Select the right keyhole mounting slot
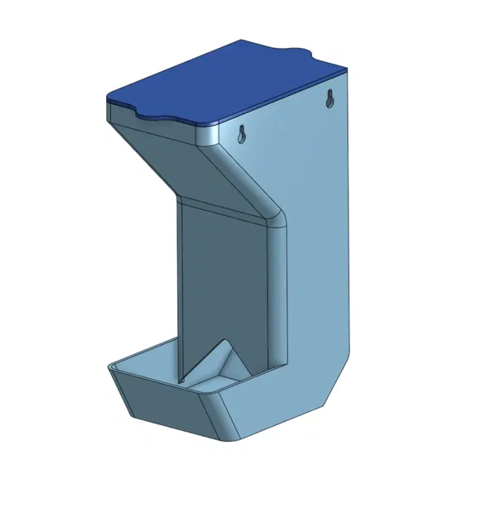click(x=330, y=99)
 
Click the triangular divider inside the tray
click(x=217, y=364)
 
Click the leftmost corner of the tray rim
click(x=108, y=365)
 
